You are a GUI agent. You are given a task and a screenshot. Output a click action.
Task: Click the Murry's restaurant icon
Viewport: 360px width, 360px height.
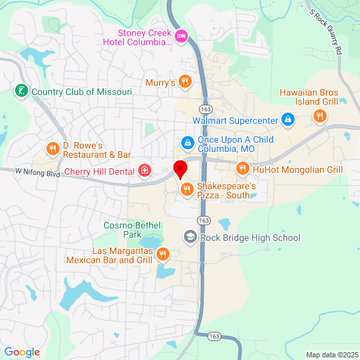pos(186,82)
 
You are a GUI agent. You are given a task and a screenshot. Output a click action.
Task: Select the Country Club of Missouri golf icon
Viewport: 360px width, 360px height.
pos(22,92)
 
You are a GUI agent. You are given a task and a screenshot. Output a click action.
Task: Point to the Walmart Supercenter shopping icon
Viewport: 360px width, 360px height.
pos(287,120)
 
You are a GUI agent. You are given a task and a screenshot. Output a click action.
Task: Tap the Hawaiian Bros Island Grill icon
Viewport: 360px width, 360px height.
pos(319,116)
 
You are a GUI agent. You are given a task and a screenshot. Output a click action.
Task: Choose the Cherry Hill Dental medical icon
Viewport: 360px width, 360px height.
pos(144,171)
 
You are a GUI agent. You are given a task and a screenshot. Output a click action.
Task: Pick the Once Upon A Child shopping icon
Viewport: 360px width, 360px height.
pos(187,142)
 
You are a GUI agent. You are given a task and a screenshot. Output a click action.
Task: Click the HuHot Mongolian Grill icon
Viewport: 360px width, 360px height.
pos(243,169)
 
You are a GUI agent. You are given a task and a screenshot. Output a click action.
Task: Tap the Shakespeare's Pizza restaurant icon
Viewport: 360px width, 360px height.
pos(187,190)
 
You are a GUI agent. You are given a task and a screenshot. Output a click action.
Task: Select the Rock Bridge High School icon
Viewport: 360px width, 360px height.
pos(190,237)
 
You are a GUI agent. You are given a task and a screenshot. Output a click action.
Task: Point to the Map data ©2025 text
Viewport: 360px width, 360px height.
pos(331,355)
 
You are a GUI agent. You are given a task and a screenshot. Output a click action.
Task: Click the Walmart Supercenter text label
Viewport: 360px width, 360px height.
pos(236,120)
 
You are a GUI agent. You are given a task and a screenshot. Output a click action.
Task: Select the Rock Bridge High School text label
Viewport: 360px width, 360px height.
pos(250,238)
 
